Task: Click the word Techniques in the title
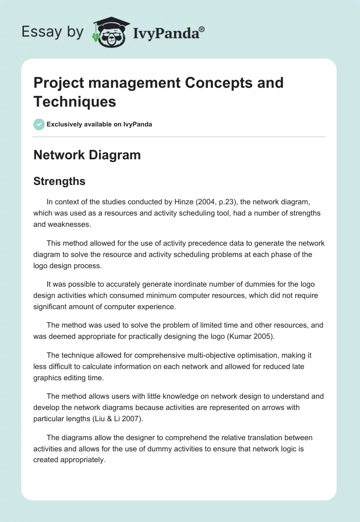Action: (75, 101)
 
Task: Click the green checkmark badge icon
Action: (39, 124)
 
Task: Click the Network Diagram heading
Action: (87, 155)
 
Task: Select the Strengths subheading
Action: (59, 181)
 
